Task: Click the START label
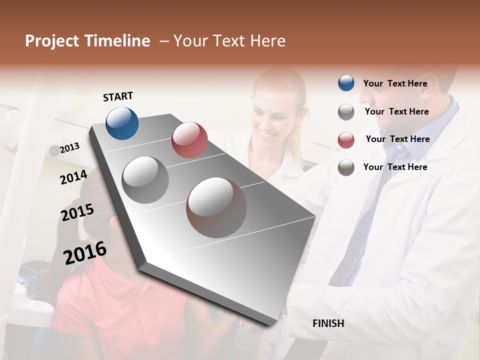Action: (118, 96)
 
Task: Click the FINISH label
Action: (328, 323)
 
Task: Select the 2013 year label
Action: (70, 147)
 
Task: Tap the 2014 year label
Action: (73, 177)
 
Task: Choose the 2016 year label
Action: (85, 252)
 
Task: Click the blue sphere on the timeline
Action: (122, 123)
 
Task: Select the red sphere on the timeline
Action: (189, 140)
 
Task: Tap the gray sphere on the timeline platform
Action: (145, 180)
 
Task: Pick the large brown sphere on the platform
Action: (216, 207)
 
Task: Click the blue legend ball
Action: (346, 83)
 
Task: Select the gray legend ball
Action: (346, 112)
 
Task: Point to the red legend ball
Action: (346, 140)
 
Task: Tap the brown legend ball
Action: (346, 167)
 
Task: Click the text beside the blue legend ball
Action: (395, 83)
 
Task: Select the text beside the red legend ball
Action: (397, 139)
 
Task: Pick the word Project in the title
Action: (52, 41)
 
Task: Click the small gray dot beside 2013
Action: (54, 150)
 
